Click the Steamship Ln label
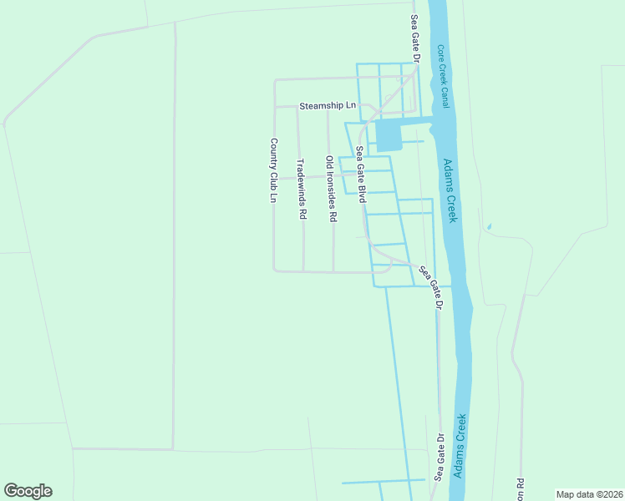pos(328,106)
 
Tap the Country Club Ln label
pos(273,171)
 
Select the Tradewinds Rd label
pos(302,190)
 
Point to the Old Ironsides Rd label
pos(331,189)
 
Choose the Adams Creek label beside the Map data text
pos(459,446)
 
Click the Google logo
pos(28,491)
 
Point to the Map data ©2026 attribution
pos(589,493)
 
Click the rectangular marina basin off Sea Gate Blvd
pos(389,135)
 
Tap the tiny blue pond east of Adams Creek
pos(489,226)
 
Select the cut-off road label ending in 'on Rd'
pos(520,489)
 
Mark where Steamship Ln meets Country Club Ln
pos(275,107)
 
